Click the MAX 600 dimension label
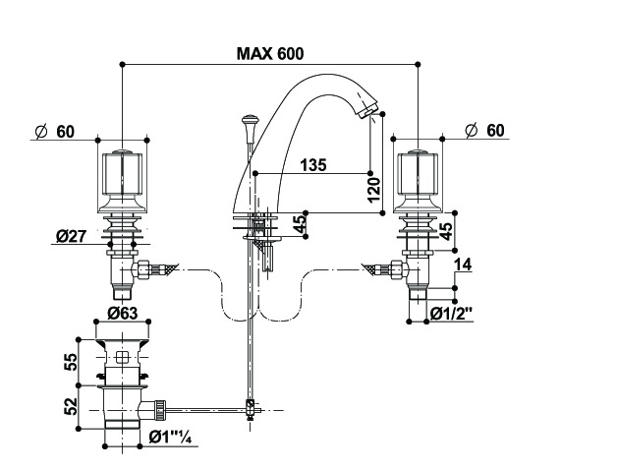pos(270,53)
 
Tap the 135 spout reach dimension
pos(313,165)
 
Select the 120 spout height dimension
pos(374,190)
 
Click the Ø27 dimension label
pos(71,236)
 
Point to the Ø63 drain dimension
pos(123,314)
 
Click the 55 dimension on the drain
pos(71,362)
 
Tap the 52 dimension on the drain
pos(71,406)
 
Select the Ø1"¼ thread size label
pos(170,438)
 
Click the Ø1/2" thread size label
pos(451,314)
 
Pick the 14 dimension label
pos(463,265)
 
